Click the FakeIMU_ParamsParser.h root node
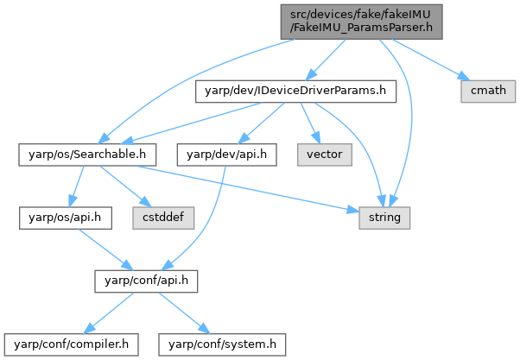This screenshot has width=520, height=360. [x=361, y=20]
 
